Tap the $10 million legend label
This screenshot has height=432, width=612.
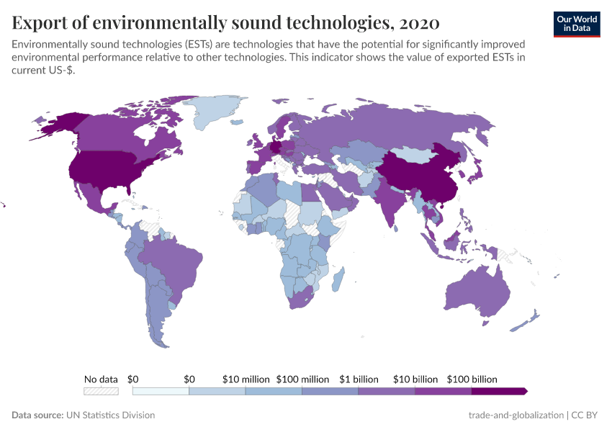246,379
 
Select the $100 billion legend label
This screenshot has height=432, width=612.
472,379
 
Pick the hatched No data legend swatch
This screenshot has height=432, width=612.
101,391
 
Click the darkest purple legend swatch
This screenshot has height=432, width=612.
499,391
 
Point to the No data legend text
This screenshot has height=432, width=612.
101,379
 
